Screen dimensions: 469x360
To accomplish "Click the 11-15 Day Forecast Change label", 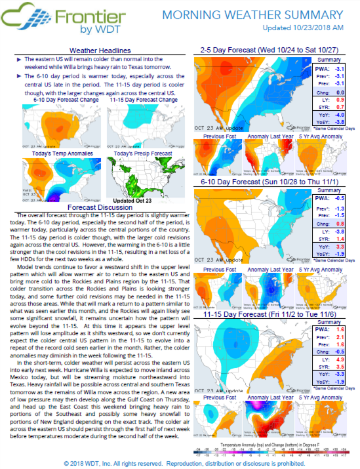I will (142, 99).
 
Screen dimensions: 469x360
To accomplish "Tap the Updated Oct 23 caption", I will (133, 200).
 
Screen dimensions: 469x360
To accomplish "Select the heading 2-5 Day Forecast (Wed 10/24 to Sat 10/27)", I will (270, 50).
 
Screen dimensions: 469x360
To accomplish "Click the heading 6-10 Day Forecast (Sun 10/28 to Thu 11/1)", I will (270, 181).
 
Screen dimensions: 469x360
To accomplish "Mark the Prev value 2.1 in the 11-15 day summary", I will (340, 338).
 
